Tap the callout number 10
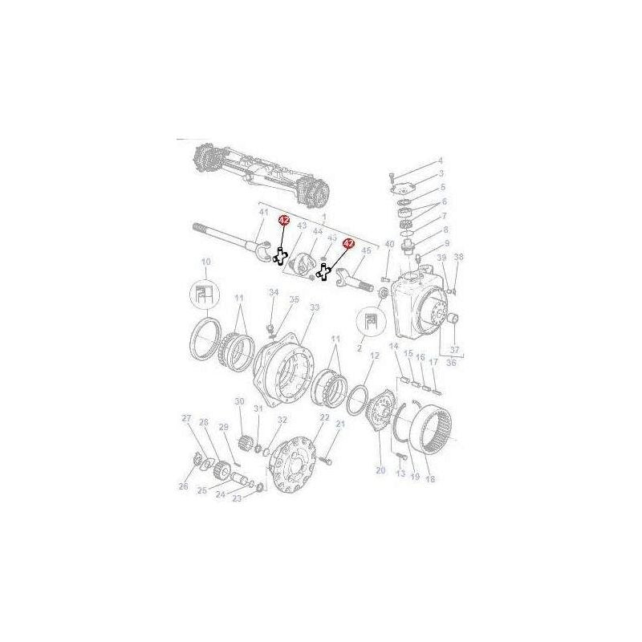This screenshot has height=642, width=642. point(205,262)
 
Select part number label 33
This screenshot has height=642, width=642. point(314,307)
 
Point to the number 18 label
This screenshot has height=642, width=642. point(430,479)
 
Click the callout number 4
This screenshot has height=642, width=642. point(440,160)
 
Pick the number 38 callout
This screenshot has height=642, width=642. point(459,258)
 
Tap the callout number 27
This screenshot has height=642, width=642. point(186,418)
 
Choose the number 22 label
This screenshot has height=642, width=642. point(325,418)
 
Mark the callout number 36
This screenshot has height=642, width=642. point(450,362)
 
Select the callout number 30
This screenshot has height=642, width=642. point(239,401)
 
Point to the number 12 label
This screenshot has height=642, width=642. point(374,356)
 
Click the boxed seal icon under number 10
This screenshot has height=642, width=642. point(204,294)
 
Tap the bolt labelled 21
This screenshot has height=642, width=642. point(328,461)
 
